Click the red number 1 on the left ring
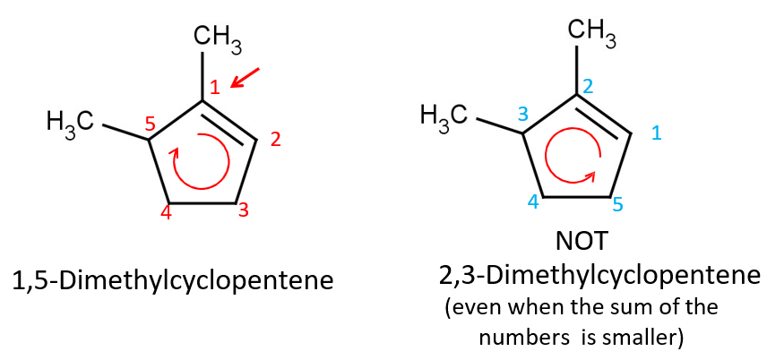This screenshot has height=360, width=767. click(x=214, y=87)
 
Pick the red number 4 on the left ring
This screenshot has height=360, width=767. click(x=166, y=213)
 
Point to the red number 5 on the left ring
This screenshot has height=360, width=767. click(x=151, y=124)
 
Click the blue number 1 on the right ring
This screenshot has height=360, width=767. click(x=656, y=133)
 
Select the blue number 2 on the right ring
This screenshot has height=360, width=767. click(x=588, y=86)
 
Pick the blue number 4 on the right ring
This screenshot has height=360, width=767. click(x=533, y=202)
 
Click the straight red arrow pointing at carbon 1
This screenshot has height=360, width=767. click(x=246, y=78)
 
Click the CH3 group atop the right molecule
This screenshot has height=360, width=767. click(x=591, y=32)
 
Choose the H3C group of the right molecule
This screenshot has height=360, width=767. click(x=444, y=115)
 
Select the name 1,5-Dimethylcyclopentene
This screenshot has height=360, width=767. click(x=173, y=280)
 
